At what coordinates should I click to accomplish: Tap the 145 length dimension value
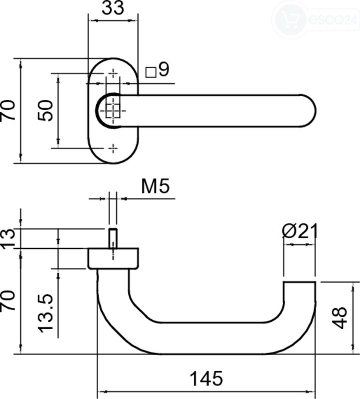tap(206, 379)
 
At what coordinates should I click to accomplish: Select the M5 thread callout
tap(155, 186)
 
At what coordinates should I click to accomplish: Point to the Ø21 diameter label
tap(300, 231)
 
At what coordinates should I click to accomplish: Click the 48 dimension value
tap(340, 318)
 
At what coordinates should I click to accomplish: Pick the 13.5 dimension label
tap(46, 313)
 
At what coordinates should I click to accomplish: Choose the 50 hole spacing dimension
tap(46, 110)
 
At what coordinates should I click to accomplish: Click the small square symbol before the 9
tap(151, 72)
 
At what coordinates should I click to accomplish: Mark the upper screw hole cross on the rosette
tap(113, 73)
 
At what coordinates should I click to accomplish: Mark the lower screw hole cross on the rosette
tap(113, 148)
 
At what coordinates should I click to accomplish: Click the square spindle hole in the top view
tap(113, 111)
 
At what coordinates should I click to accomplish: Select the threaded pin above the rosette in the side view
tap(113, 238)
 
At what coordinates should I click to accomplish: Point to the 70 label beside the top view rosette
tap(8, 110)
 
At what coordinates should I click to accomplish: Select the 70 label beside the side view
tap(8, 300)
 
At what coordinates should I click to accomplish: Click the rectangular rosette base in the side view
tap(113, 258)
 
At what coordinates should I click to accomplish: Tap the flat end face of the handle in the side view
tap(300, 282)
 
